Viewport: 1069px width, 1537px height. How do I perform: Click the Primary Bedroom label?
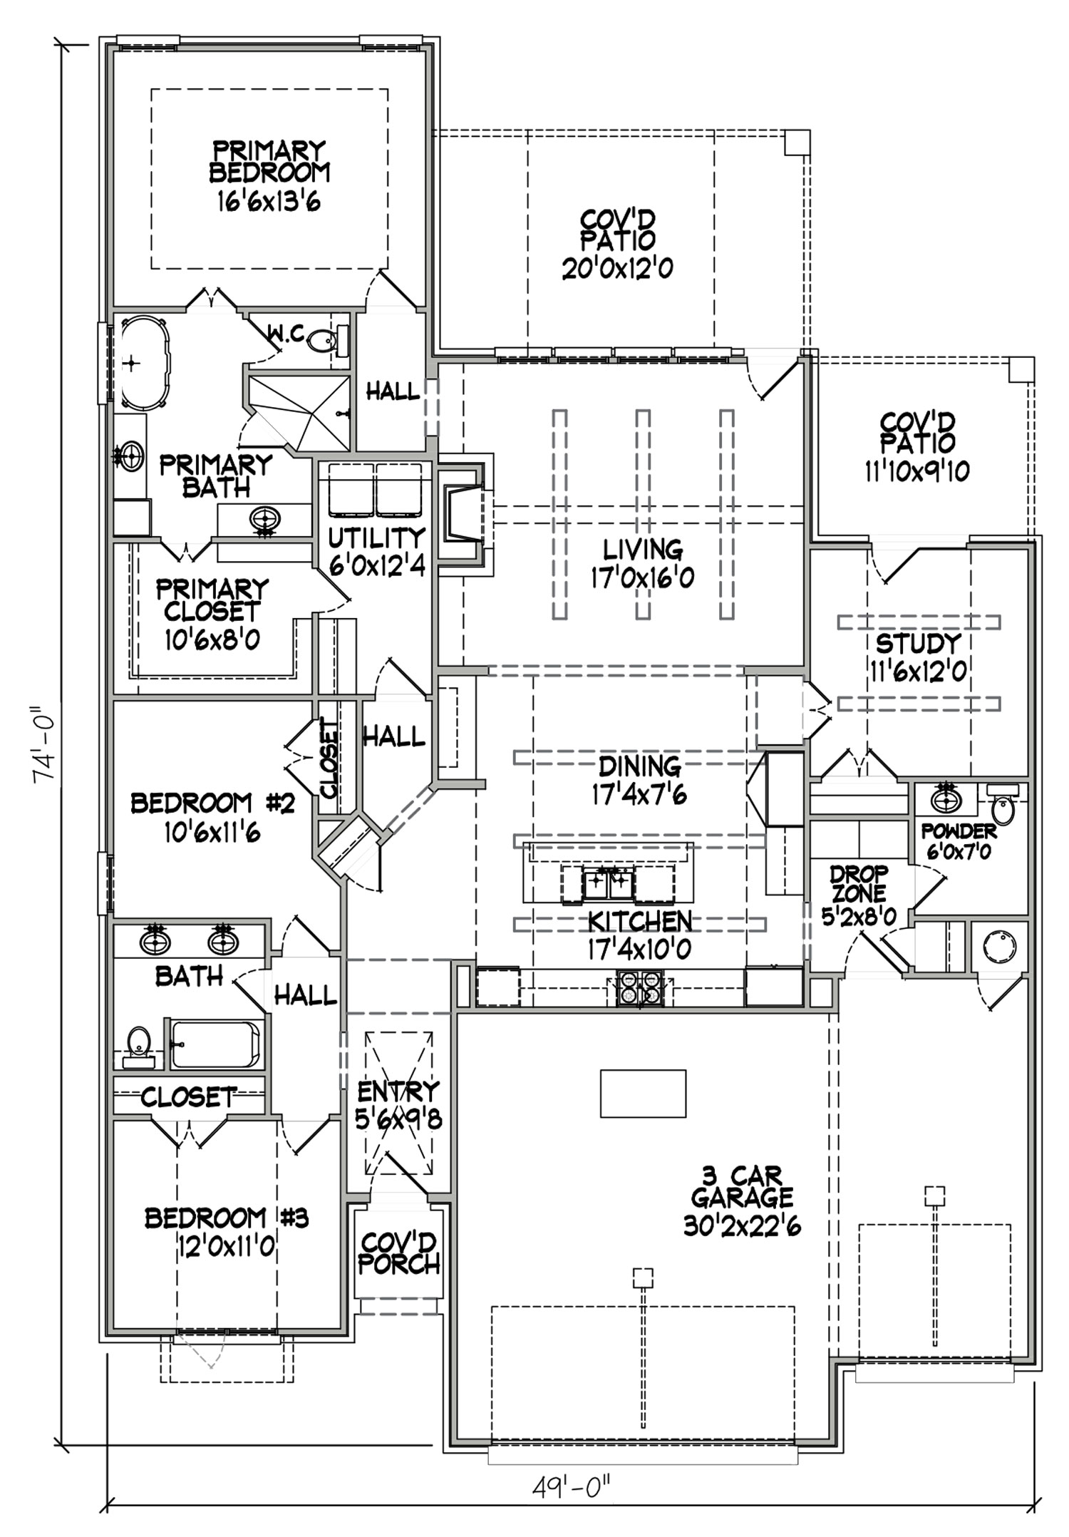coord(269,162)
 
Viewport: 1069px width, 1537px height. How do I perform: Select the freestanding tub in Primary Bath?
coord(145,363)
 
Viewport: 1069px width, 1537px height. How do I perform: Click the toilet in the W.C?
coord(324,341)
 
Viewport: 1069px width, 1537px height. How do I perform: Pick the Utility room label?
coord(376,537)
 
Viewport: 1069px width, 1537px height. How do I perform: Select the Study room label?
coord(917,643)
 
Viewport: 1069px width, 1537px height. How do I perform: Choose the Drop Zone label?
coord(859,883)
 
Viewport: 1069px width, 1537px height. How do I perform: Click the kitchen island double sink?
coord(608,884)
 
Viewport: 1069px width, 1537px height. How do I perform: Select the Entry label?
coord(398,1091)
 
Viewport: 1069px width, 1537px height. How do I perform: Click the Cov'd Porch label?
coord(398,1254)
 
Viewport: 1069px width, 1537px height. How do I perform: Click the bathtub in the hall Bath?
coord(216,1044)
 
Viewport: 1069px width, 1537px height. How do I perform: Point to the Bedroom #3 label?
coord(226,1218)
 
